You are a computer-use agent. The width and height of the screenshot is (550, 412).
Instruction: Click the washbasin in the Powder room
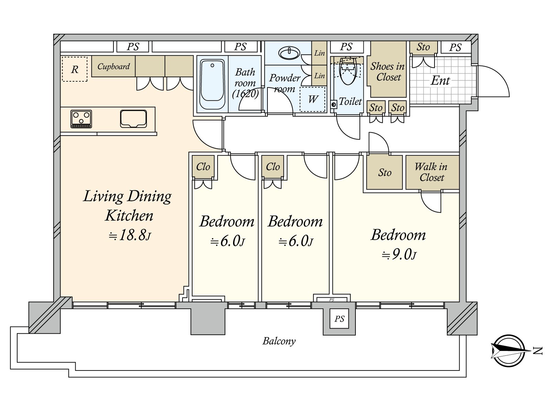click(289, 53)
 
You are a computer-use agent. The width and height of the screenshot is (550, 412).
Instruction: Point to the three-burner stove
click(81, 119)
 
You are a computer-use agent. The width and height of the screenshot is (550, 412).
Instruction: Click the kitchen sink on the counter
click(133, 119)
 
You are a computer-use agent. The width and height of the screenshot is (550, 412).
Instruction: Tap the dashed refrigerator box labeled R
click(75, 69)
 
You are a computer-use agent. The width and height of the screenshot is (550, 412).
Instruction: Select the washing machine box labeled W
click(312, 100)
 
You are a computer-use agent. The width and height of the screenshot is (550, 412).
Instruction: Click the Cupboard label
click(113, 66)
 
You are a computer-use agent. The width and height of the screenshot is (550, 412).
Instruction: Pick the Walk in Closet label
click(431, 172)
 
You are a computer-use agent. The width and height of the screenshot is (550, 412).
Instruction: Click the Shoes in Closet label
click(388, 71)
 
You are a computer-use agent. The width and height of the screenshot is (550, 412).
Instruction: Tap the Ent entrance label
click(440, 81)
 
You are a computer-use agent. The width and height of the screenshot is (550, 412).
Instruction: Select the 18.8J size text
click(130, 236)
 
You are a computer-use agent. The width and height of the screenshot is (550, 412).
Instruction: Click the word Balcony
click(279, 341)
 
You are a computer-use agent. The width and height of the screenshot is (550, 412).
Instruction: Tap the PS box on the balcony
click(339, 319)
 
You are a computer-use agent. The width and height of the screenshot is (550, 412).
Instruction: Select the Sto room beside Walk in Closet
click(384, 172)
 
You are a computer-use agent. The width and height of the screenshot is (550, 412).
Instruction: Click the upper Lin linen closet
click(319, 53)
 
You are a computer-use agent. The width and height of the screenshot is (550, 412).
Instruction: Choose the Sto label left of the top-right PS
click(423, 47)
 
